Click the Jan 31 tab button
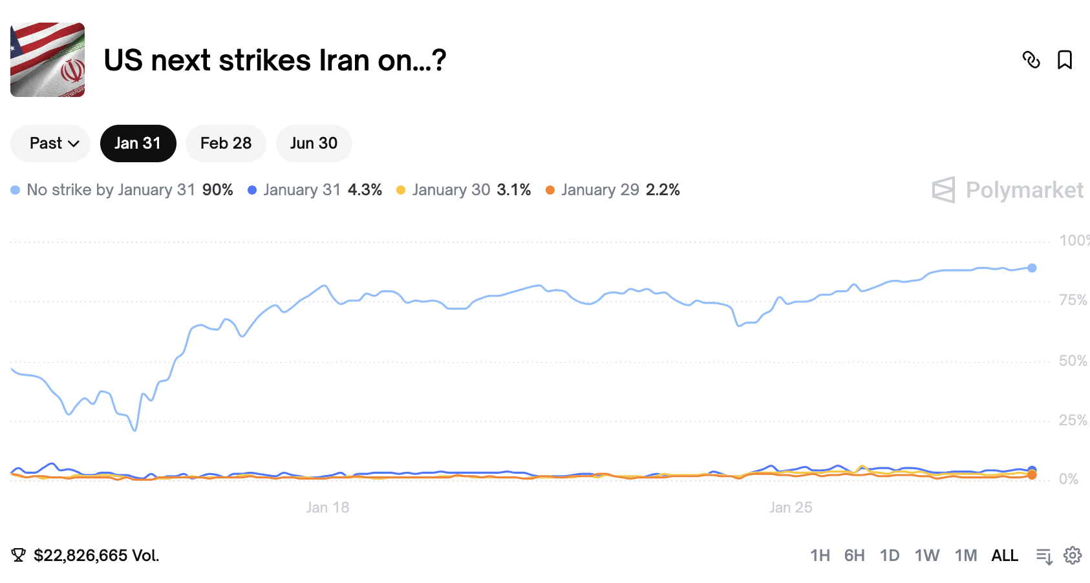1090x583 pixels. [138, 143]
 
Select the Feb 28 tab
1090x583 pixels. [226, 143]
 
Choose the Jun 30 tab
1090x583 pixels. [314, 143]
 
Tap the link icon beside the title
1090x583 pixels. [1031, 60]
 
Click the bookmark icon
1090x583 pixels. [1064, 60]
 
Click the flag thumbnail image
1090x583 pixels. [47, 60]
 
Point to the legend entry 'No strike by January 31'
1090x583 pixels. [111, 190]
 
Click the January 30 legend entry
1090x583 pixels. [451, 190]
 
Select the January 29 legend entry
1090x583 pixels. [600, 190]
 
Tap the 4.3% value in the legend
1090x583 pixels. [365, 190]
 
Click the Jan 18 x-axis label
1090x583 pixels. [328, 507]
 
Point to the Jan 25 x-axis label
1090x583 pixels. [791, 507]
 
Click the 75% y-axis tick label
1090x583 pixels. [1073, 301]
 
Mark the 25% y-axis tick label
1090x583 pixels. [1073, 421]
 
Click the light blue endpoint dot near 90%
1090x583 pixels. [1032, 268]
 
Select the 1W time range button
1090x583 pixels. [926, 555]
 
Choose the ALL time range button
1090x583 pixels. [1005, 555]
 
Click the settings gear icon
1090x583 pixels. [1073, 555]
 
